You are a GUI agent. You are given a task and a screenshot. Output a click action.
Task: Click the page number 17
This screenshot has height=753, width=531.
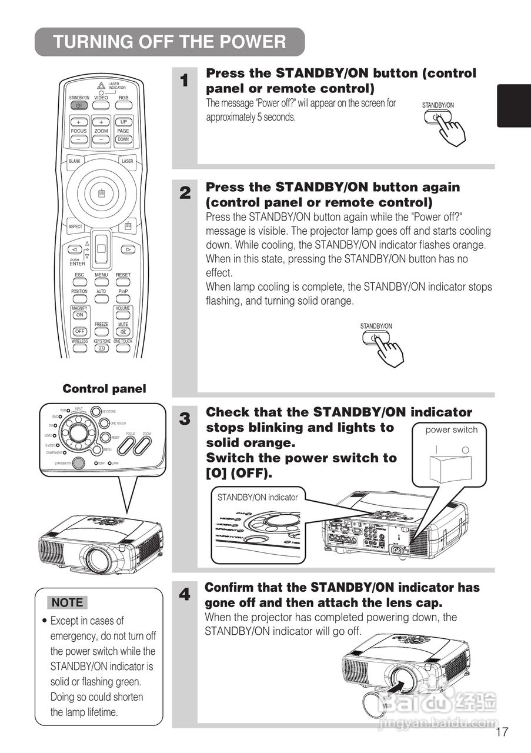[x=502, y=732]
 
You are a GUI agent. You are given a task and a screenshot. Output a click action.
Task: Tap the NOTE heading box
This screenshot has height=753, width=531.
[x=68, y=602]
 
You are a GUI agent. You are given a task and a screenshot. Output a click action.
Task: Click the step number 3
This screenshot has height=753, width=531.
[x=185, y=419]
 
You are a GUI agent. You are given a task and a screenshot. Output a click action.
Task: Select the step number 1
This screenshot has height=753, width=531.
[x=185, y=81]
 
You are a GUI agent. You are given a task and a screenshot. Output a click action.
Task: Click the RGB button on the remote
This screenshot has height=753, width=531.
[x=123, y=105]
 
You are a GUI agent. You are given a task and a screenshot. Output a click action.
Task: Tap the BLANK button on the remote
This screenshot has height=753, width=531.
[x=75, y=161]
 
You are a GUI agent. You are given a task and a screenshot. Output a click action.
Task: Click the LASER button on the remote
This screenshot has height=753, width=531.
[x=127, y=161]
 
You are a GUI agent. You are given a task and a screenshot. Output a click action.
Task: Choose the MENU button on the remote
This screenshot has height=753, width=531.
[x=101, y=282]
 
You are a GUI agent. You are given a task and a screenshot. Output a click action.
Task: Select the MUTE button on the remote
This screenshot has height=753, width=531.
[x=123, y=332]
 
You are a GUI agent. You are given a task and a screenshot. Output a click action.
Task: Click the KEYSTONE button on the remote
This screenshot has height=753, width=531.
[x=102, y=348]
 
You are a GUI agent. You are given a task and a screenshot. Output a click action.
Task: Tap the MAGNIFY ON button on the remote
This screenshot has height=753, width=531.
[x=80, y=315]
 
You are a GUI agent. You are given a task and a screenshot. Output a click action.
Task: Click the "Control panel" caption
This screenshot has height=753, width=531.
[x=104, y=389]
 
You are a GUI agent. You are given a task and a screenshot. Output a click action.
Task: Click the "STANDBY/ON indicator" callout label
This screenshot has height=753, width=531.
[x=258, y=497]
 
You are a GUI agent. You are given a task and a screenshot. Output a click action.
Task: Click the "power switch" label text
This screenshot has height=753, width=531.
[x=452, y=430]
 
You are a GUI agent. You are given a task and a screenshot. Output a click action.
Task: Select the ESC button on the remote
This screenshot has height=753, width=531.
[x=79, y=282]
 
